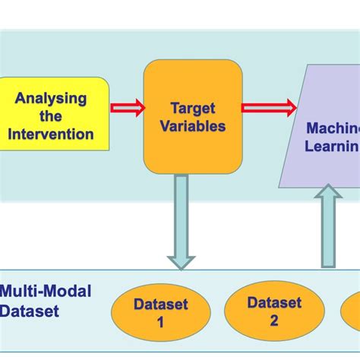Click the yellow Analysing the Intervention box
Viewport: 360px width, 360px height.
(x=54, y=115)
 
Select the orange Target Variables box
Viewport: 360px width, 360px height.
(x=193, y=115)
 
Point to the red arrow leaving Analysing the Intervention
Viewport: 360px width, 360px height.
(x=126, y=108)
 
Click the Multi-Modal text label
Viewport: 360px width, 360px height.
(x=46, y=292)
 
